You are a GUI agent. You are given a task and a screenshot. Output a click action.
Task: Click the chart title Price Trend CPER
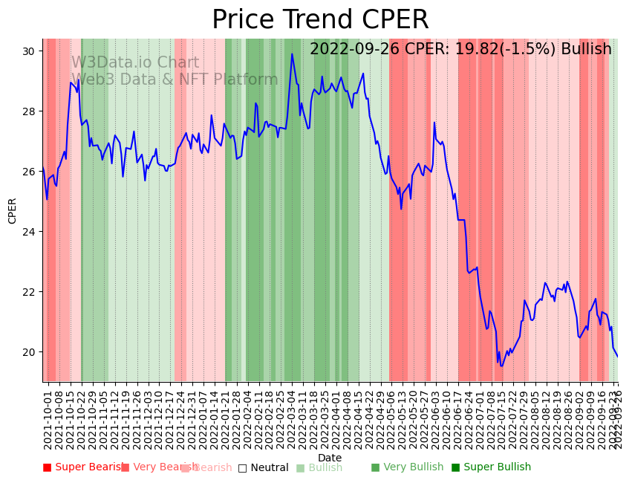320,20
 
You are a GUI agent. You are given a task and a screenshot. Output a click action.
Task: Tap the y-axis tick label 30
30,51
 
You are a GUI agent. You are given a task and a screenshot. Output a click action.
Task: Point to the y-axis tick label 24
30,232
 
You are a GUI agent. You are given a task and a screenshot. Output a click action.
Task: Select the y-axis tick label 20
30,352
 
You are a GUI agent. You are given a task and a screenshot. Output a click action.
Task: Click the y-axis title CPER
12,211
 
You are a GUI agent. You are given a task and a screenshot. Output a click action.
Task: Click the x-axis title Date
330,458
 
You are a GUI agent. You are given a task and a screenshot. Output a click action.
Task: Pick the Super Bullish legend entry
492,467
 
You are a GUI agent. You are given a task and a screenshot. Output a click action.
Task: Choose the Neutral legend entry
263,468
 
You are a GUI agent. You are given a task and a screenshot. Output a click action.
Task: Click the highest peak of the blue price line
292,53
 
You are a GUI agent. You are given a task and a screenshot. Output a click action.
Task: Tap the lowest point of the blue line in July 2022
501,366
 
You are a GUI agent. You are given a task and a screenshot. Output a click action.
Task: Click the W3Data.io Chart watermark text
135,63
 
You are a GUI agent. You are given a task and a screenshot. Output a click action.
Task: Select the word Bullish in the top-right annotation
586,50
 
